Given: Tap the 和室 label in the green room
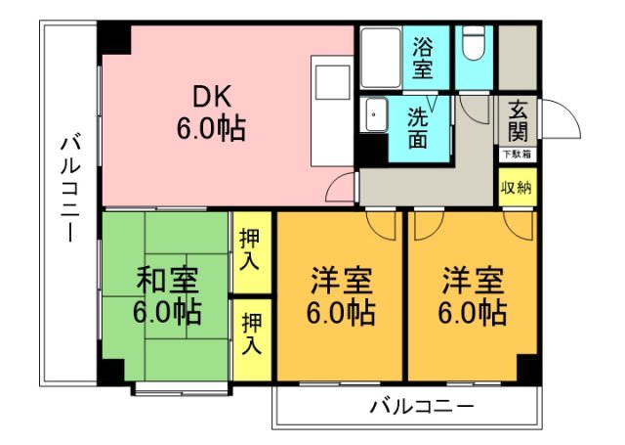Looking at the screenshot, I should pyautogui.click(x=167, y=281).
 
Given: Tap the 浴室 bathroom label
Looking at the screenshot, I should pyautogui.click(x=423, y=58).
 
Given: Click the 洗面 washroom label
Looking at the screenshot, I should pyautogui.click(x=418, y=127).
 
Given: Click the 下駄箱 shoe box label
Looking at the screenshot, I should pyautogui.click(x=516, y=154).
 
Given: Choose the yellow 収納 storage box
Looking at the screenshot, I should pyautogui.click(x=516, y=188).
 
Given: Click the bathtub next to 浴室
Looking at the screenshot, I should pyautogui.click(x=378, y=58).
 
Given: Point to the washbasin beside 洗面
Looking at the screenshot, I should pyautogui.click(x=375, y=117).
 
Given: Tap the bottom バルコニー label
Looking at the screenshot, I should pyautogui.click(x=422, y=405).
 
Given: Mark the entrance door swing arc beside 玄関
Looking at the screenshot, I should pyautogui.click(x=559, y=119).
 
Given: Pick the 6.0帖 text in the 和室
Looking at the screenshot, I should pyautogui.click(x=167, y=313).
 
